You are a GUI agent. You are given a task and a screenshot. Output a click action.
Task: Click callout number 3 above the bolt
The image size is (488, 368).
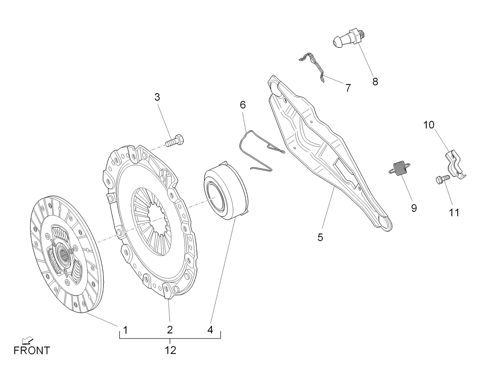(157, 97)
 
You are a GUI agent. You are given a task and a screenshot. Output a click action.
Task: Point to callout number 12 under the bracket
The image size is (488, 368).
(170, 350)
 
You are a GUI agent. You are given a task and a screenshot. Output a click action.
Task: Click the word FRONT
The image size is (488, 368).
(32, 350)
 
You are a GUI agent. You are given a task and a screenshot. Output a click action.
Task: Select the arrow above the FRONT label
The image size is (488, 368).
(27, 340)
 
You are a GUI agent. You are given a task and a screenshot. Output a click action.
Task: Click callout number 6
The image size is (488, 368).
(243, 105)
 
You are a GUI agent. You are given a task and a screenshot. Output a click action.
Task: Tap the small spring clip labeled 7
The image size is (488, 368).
(313, 64)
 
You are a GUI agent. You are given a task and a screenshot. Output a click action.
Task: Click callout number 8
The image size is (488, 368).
(375, 81)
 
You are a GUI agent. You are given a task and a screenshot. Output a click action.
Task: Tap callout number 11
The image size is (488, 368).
(454, 213)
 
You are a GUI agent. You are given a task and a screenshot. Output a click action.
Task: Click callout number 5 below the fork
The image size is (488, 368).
(320, 237)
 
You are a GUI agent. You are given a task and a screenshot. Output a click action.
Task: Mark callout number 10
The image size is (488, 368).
(429, 125)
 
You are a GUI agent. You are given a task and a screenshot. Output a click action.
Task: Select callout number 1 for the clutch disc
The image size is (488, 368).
(126, 330)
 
